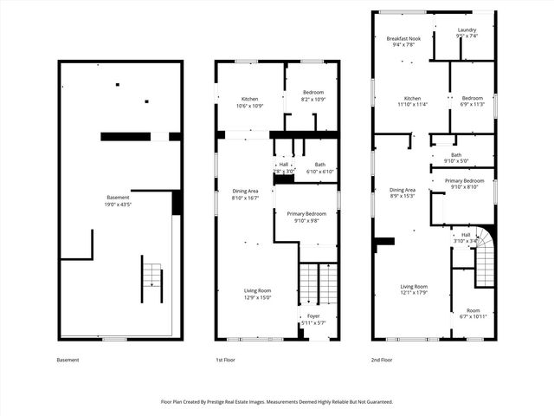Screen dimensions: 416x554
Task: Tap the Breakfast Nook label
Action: click(x=403, y=42)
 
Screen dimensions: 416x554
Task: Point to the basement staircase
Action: click(x=151, y=278)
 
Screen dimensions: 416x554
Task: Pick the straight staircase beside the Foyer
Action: click(x=318, y=283)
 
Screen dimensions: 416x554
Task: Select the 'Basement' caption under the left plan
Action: click(x=68, y=360)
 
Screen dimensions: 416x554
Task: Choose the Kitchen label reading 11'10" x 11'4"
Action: click(x=412, y=102)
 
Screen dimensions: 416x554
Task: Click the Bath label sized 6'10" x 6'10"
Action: click(x=319, y=168)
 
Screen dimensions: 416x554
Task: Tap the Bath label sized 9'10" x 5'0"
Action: click(x=455, y=158)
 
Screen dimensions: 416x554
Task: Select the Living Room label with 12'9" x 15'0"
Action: click(x=257, y=294)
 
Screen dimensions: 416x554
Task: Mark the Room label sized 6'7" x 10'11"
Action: click(x=473, y=313)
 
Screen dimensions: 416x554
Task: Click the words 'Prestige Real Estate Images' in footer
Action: click(x=242, y=401)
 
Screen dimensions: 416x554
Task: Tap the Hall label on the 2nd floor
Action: click(x=465, y=237)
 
